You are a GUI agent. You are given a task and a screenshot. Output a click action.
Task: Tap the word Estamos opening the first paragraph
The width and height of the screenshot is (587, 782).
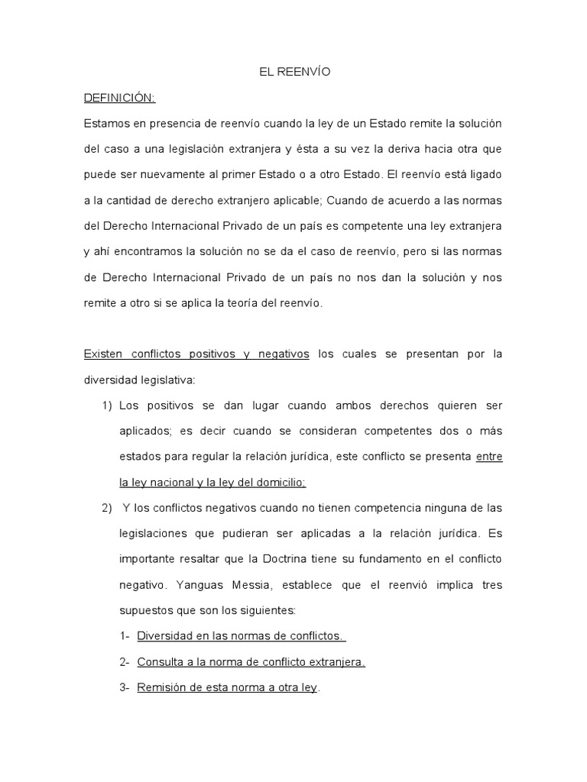pos(105,123)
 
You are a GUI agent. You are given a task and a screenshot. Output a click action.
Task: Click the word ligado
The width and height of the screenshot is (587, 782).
pos(485,174)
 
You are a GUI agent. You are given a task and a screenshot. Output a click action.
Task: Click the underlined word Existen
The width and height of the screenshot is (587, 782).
pos(102,354)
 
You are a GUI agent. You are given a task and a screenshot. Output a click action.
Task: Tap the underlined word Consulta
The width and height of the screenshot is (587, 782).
pos(161,661)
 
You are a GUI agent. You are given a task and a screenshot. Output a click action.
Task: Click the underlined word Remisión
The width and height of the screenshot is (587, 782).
pos(161,687)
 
